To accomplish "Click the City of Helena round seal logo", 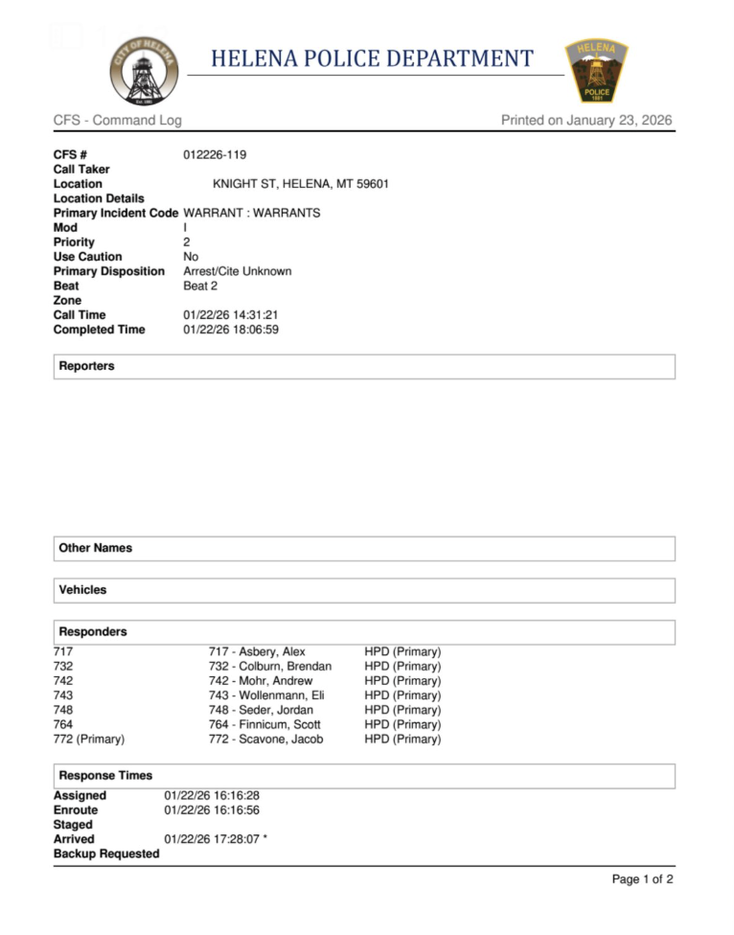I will click(x=144, y=70).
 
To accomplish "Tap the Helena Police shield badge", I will click(x=596, y=71).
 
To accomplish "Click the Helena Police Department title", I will click(x=372, y=58).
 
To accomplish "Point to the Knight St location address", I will click(x=300, y=184).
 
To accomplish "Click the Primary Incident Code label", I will click(x=116, y=213).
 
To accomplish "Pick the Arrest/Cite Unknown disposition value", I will click(x=238, y=271).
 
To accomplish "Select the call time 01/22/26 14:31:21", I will click(x=231, y=315).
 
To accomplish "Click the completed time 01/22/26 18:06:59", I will click(x=231, y=330).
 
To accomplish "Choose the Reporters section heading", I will click(x=86, y=366).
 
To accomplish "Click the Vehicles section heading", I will click(x=82, y=590).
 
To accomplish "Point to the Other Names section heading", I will click(x=95, y=548).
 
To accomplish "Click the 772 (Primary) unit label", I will click(x=89, y=740).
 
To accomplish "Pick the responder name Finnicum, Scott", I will click(x=264, y=725).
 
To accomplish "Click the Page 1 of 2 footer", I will click(x=642, y=879).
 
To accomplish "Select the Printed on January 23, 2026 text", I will click(x=586, y=121).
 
